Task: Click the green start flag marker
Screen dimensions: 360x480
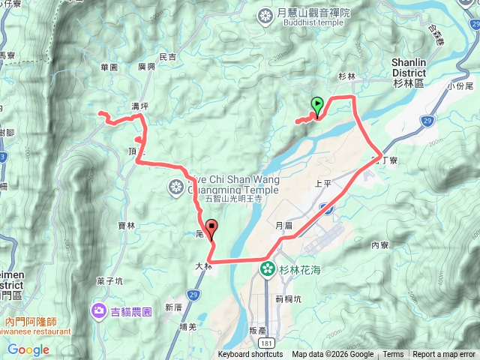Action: (x=317, y=106)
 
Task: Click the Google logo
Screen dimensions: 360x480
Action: (x=28, y=349)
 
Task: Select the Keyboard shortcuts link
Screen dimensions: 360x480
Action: (x=250, y=355)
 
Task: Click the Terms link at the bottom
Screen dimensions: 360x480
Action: (x=393, y=355)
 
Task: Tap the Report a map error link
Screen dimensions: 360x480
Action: (x=445, y=355)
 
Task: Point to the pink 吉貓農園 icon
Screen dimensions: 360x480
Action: (x=99, y=310)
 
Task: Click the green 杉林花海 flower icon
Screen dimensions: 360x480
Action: (x=267, y=268)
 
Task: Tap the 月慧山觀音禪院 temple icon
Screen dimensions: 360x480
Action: (x=265, y=15)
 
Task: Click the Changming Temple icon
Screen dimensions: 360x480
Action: (x=176, y=186)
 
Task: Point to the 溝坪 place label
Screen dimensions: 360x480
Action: (x=140, y=107)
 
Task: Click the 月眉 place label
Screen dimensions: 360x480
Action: (x=283, y=225)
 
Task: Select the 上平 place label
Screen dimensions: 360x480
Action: (x=323, y=183)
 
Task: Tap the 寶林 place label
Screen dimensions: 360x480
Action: (x=127, y=224)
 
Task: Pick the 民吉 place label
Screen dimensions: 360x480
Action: (x=167, y=57)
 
